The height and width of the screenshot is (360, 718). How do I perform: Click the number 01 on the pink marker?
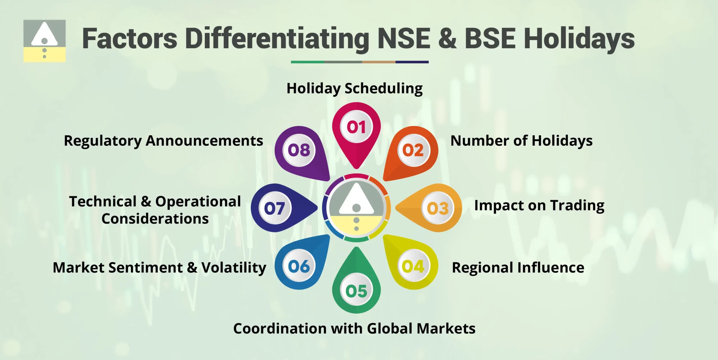click(x=356, y=127)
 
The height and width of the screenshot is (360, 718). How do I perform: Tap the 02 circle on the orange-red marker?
click(x=413, y=150)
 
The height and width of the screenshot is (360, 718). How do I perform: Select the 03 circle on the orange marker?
click(x=438, y=208)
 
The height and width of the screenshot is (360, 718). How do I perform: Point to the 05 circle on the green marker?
click(x=356, y=291)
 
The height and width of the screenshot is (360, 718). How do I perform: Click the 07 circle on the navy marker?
click(x=274, y=208)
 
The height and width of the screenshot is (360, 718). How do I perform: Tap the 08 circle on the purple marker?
click(x=299, y=150)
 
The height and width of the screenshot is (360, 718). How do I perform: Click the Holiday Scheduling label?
click(x=355, y=89)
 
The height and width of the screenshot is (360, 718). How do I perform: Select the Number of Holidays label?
click(x=521, y=141)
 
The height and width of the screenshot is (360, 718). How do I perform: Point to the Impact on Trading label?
click(x=539, y=205)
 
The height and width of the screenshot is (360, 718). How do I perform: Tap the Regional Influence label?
click(x=518, y=267)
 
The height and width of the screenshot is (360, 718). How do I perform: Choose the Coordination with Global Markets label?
click(x=354, y=328)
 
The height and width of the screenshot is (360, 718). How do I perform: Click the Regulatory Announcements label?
click(x=164, y=141)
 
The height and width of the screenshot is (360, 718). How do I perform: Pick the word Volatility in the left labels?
click(x=234, y=267)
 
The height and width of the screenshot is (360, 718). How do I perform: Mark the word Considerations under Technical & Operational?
click(x=155, y=219)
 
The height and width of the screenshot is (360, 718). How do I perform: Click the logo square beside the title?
click(x=44, y=41)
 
